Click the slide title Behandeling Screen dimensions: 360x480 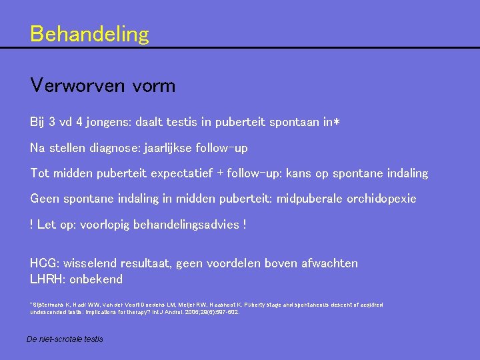89,34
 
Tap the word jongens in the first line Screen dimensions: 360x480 110,123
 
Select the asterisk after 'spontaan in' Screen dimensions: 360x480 337,121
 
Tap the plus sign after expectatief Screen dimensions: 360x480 219,173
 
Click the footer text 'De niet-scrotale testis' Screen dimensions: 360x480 65,339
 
